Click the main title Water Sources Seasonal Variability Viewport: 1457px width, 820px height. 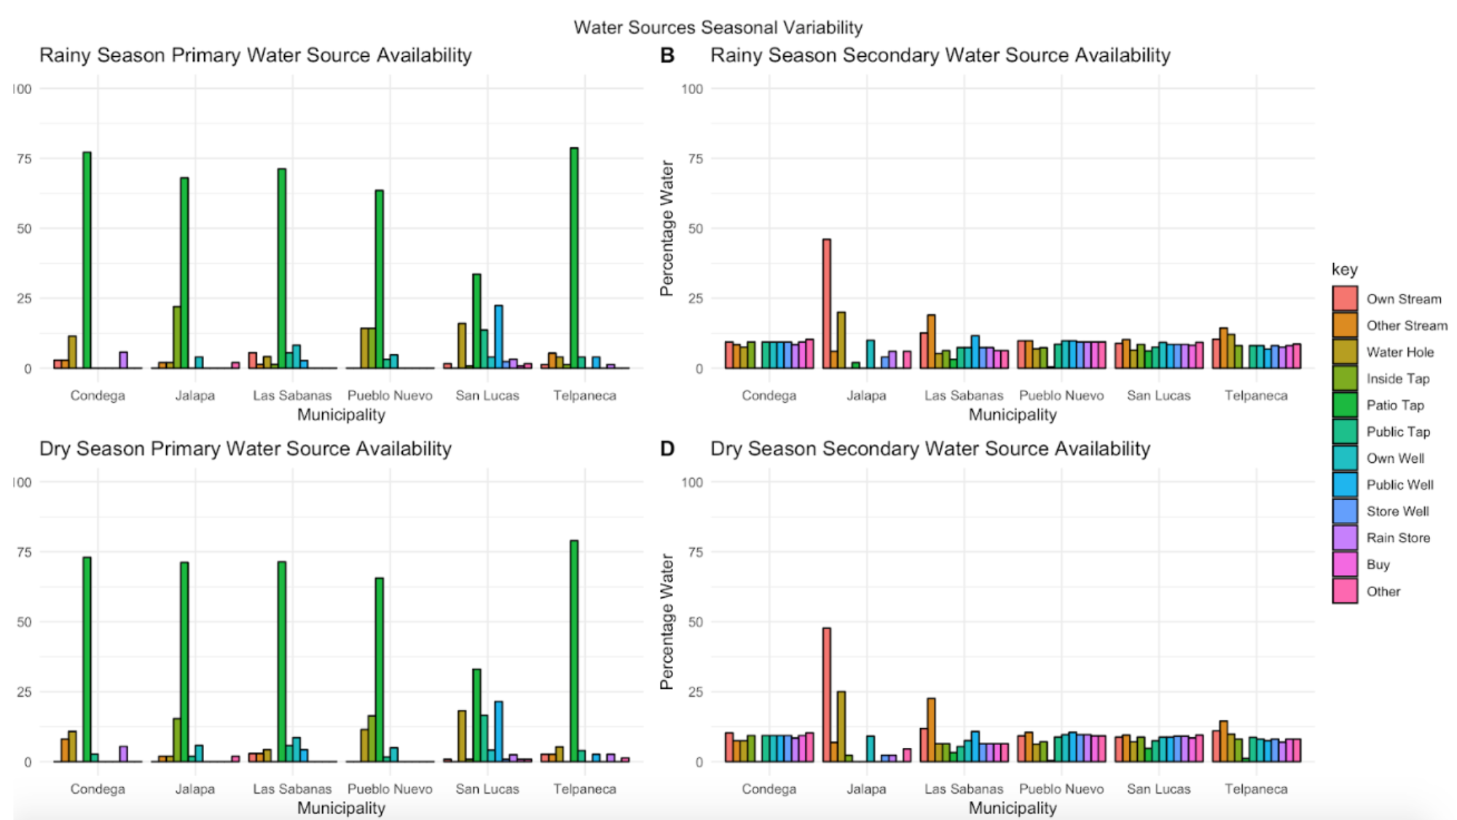point(718,28)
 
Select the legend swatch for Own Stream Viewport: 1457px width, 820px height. point(1345,299)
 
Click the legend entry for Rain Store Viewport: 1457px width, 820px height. point(1397,538)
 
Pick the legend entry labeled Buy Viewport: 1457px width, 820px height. point(1378,565)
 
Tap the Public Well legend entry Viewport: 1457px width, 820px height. point(1399,485)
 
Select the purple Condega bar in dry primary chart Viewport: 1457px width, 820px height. point(123,754)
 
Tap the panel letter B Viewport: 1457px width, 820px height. point(667,56)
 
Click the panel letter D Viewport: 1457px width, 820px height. point(667,449)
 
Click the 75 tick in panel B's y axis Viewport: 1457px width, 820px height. point(695,159)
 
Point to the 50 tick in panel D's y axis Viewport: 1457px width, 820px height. point(695,622)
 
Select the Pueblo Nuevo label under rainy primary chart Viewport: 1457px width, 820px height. point(390,395)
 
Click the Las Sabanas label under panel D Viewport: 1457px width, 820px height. point(964,789)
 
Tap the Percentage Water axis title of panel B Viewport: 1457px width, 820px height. point(667,228)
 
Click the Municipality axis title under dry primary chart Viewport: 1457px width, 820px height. point(341,808)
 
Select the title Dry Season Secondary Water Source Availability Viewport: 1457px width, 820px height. point(930,449)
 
